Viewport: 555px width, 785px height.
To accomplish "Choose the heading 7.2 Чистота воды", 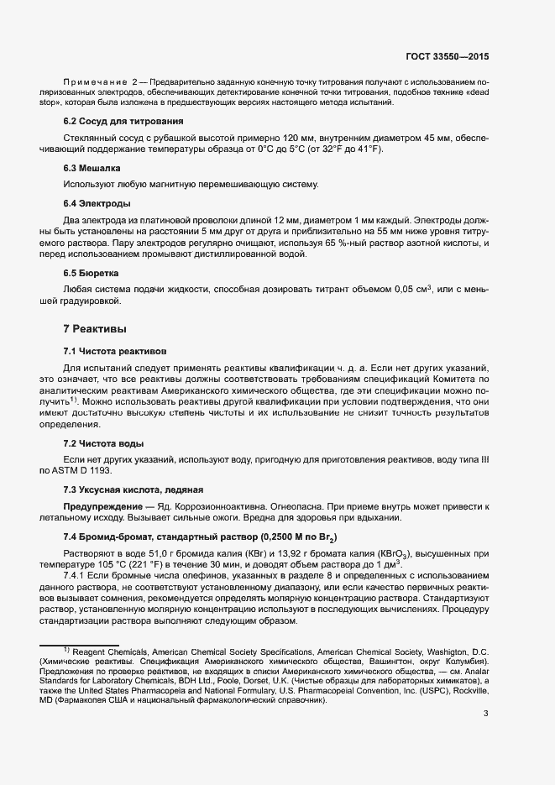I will [103, 442].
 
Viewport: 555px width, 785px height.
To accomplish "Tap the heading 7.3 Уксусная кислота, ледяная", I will [134, 489].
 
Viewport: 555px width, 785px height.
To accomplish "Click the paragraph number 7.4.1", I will [76, 576].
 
